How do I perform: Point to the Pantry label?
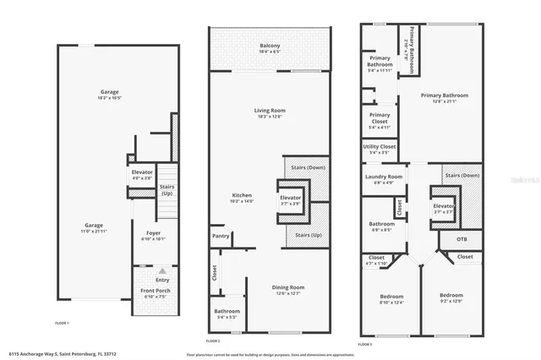221,236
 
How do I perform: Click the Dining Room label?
287,287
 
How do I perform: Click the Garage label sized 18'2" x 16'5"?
109,92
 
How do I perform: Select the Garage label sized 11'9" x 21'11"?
94,226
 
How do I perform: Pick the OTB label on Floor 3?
462,238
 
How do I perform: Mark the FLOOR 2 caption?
214,341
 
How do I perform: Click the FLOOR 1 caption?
62,323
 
